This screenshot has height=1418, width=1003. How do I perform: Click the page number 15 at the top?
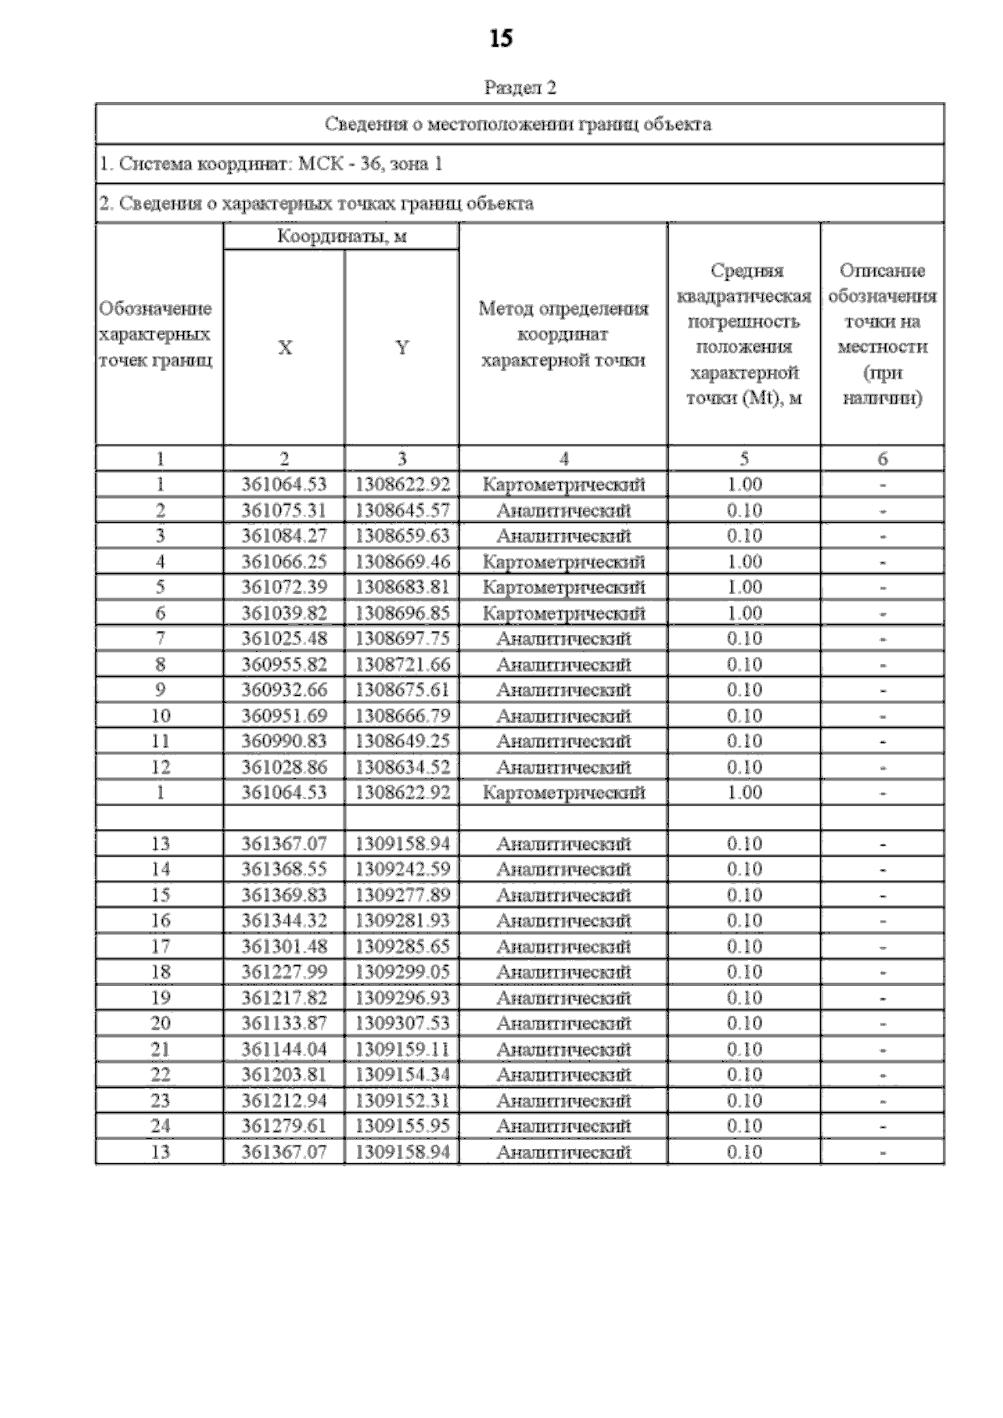point(501,38)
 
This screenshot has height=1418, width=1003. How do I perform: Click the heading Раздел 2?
point(520,88)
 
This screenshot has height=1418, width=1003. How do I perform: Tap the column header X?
point(284,348)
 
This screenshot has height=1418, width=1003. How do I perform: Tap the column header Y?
point(402,348)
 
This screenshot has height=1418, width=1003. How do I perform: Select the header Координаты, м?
point(342,236)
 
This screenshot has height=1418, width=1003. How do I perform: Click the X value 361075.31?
point(283,511)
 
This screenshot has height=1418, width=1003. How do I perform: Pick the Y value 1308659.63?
point(402,536)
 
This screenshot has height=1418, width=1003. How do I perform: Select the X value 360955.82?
point(283,664)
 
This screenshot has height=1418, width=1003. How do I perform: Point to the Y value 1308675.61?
point(402,690)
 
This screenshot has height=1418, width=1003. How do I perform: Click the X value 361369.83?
point(283,895)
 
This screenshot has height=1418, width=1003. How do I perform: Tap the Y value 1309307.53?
point(402,1024)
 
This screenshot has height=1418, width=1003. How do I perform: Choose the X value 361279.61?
point(283,1126)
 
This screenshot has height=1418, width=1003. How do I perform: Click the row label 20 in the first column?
point(160,1024)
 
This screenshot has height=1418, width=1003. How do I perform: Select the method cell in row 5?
point(563,587)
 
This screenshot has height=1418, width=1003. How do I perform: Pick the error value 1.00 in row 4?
point(744,562)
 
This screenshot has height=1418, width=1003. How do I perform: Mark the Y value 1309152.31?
point(402,1100)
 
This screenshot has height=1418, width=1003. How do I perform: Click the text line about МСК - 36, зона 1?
point(271,164)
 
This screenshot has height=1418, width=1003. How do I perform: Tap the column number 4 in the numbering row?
point(563,459)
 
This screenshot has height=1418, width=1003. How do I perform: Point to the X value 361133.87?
point(283,1024)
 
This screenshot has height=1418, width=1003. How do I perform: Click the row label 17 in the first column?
point(160,947)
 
